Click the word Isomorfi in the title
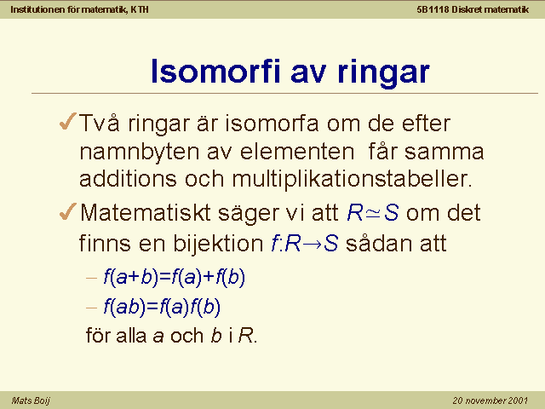215,72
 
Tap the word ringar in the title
384,74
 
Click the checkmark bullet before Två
68,121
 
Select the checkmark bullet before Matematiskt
68,211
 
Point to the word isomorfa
272,123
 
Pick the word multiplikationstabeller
352,179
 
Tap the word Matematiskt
146,212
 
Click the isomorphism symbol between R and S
374,213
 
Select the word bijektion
218,243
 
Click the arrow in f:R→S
313,244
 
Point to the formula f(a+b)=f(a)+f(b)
174,277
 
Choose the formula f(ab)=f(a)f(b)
162,307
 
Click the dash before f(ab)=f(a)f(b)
91,308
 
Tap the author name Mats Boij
31,400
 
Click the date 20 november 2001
490,400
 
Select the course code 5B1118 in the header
433,9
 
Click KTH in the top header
140,9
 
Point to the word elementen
297,152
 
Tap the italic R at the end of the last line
246,336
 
